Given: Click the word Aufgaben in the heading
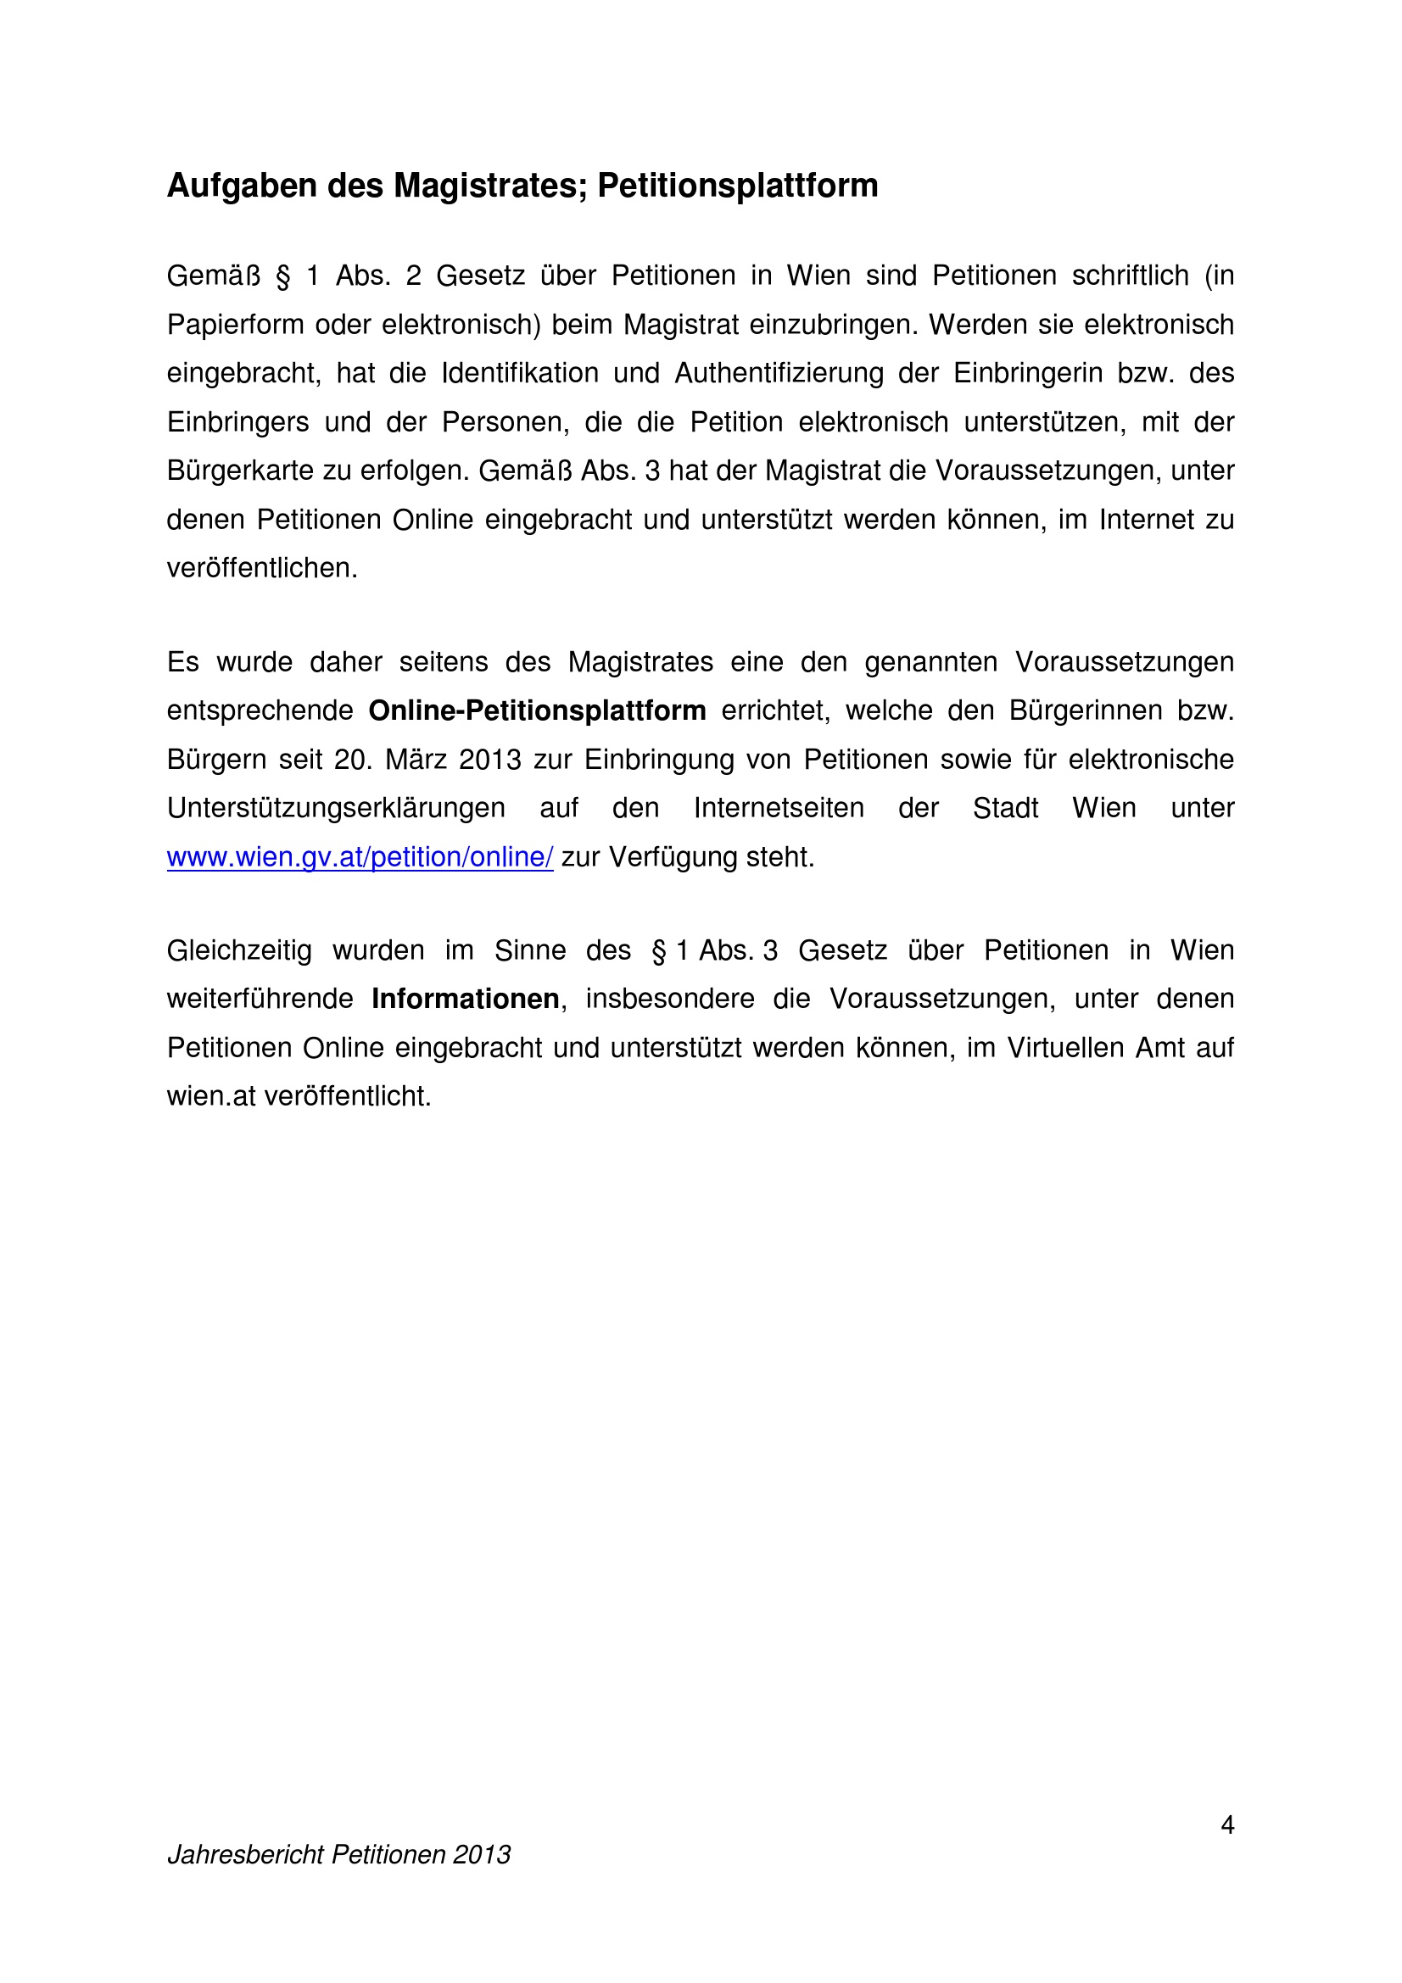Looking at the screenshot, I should (242, 187).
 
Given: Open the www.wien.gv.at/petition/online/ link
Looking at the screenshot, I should (360, 857).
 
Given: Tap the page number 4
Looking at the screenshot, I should (1226, 1825).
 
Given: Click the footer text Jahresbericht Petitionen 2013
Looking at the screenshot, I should (338, 1854).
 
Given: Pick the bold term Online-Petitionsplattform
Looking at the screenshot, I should (536, 710).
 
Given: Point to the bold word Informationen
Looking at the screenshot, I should (465, 1000).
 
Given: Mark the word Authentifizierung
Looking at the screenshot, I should (779, 373).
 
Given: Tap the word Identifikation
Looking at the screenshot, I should (519, 373).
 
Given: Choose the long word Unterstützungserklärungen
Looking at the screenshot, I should (336, 809).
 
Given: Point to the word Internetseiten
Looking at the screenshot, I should (779, 809).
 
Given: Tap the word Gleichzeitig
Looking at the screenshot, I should (239, 951).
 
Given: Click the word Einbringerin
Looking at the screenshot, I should (1027, 373).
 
